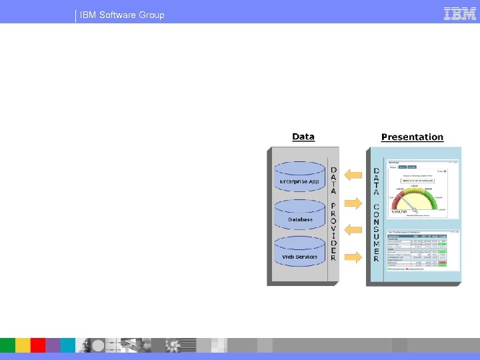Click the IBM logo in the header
459,13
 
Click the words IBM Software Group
122,15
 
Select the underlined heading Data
303,137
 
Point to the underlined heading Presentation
412,137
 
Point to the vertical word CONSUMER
376,233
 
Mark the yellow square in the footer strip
23,345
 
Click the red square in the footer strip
38,345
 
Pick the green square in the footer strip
8,345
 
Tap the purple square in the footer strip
53,345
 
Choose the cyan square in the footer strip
67,345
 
